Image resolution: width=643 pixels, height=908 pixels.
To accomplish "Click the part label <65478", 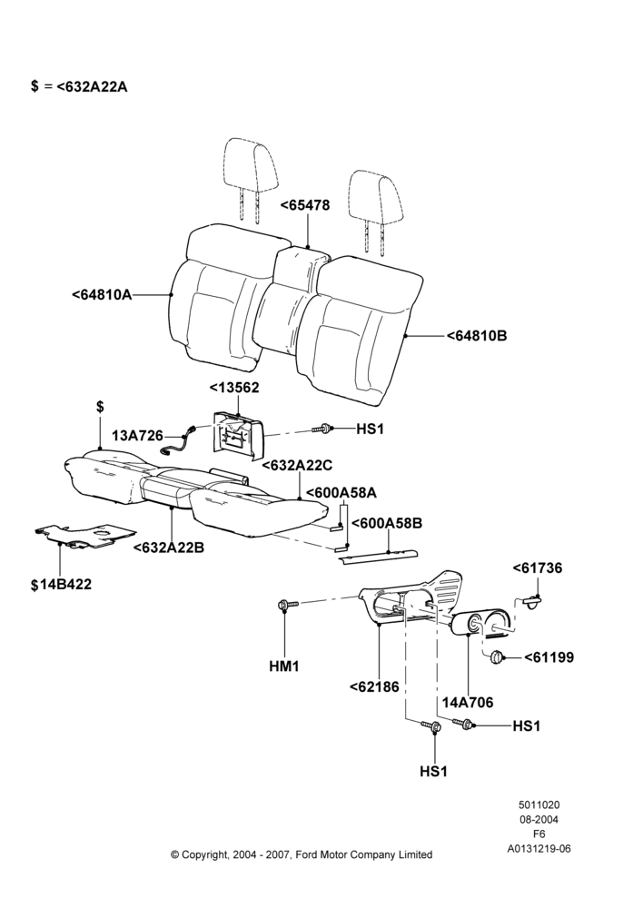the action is point(305,205).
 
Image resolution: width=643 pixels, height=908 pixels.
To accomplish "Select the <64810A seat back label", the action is point(102,295).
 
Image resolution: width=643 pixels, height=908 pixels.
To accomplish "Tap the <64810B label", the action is point(477,335).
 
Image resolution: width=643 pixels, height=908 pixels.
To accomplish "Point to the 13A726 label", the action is point(138,436).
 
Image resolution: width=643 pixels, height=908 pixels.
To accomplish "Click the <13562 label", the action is point(234,388).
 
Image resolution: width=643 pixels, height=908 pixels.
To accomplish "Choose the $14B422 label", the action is point(61,584).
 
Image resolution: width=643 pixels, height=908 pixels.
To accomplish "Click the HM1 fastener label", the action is point(284,666).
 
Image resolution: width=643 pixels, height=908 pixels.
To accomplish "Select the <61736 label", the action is point(538,568).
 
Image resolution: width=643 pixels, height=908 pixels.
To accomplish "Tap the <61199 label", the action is point(549,657).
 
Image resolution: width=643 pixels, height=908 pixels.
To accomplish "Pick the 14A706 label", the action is point(468,703).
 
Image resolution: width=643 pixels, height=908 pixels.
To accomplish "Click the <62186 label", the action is point(374,686).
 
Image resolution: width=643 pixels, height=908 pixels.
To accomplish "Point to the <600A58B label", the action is point(387,523).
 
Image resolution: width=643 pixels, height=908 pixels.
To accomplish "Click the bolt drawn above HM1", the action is point(288,605).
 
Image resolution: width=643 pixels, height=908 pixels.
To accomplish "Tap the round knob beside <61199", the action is point(497,657).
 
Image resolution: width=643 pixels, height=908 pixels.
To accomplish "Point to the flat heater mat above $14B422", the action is point(85,535).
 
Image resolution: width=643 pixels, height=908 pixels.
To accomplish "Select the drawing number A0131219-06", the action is point(539,849).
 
